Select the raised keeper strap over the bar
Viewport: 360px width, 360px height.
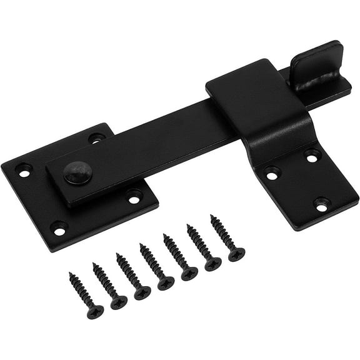pyautogui.click(x=259, y=100)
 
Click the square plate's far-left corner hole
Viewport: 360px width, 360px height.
pyautogui.click(x=24, y=169)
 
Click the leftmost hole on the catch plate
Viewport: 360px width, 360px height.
pyautogui.click(x=271, y=174)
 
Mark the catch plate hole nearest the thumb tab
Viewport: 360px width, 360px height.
pyautogui.click(x=312, y=156)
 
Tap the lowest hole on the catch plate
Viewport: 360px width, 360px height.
pyautogui.click(x=321, y=203)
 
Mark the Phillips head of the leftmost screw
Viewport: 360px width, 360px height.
pyautogui.click(x=95, y=311)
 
